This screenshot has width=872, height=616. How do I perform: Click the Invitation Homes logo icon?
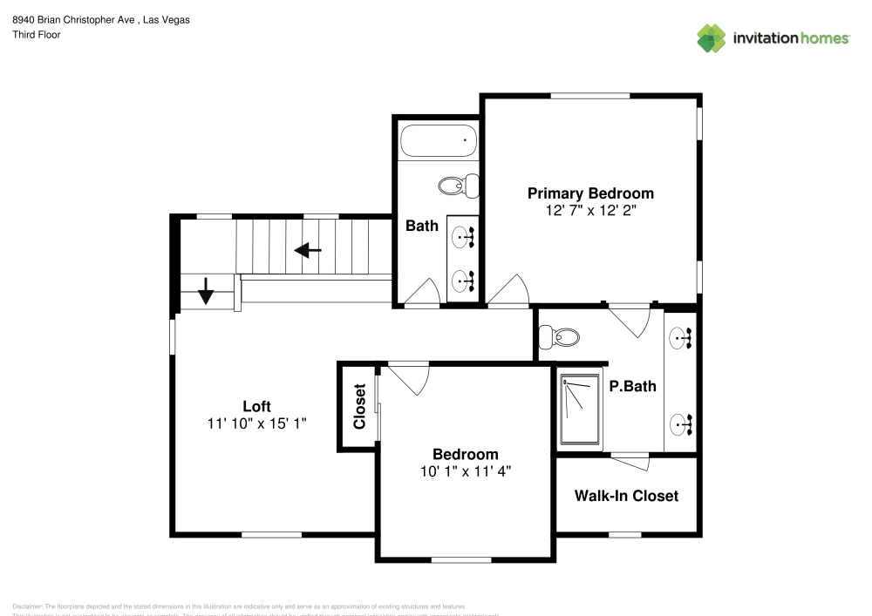click(711, 37)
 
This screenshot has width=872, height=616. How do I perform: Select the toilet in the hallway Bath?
click(459, 185)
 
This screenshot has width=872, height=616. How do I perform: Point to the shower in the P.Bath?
click(580, 409)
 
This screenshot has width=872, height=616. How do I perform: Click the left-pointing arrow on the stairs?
click(307, 251)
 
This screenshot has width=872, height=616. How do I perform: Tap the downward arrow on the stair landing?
click(206, 291)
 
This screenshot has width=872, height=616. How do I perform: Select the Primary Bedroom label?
click(590, 193)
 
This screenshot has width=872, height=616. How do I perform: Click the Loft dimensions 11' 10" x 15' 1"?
click(256, 423)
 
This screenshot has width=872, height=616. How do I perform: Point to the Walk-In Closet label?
click(626, 496)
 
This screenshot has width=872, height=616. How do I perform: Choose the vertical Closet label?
click(358, 407)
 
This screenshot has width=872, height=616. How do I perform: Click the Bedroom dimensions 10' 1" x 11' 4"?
click(466, 470)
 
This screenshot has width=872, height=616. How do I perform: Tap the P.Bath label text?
click(632, 386)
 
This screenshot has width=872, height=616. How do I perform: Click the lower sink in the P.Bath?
click(681, 424)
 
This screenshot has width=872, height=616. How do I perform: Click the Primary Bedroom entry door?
click(510, 292)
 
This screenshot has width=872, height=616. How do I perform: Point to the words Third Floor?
click(37, 35)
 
